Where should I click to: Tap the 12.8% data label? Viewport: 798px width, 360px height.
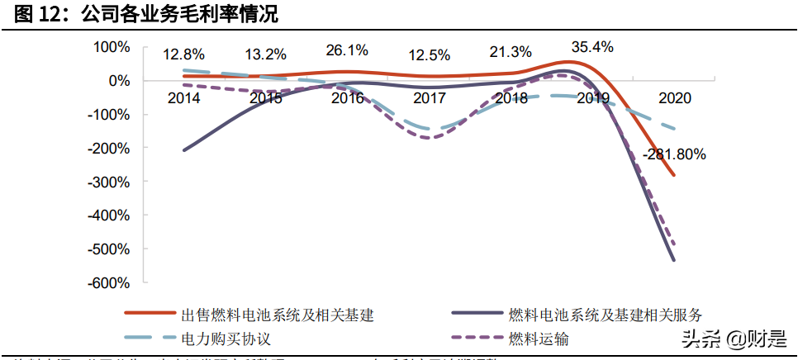[183, 54]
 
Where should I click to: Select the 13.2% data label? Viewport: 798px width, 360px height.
[265, 54]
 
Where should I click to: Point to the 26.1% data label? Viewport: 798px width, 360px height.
[347, 50]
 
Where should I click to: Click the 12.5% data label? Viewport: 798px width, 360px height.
[430, 55]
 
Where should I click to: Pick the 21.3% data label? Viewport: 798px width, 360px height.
[511, 52]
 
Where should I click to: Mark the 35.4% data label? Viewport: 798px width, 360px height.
[592, 47]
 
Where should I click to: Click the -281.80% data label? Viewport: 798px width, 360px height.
[674, 154]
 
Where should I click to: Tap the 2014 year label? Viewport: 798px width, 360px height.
[183, 97]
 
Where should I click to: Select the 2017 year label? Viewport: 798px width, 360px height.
[430, 97]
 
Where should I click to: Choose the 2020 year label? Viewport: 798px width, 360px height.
[675, 97]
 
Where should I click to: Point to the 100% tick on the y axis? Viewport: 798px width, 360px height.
[112, 47]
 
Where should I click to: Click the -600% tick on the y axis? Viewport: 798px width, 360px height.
[110, 282]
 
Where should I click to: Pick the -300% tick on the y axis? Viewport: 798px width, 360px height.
[110, 182]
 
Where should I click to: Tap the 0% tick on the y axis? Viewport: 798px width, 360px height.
[117, 80]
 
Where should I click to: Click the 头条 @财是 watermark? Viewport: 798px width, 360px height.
[731, 339]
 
